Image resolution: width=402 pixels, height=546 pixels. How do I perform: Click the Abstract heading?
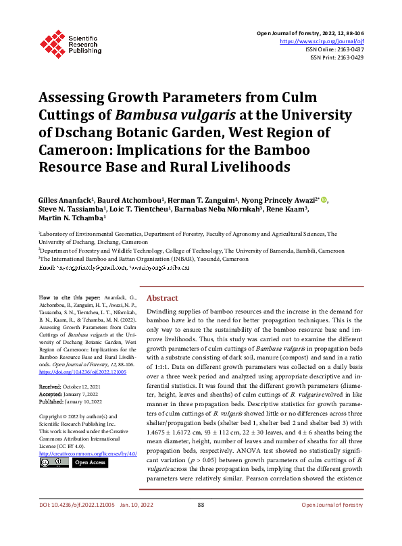(x=163, y=298)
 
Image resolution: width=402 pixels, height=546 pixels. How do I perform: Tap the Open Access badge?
(x=89, y=462)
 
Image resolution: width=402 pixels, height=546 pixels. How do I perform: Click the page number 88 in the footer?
(x=201, y=524)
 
